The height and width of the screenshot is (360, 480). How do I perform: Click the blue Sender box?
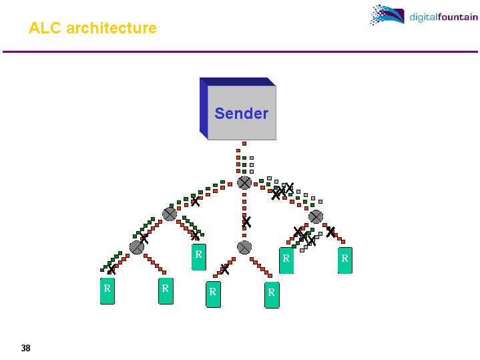(x=241, y=112)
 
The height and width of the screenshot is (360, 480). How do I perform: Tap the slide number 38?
(x=26, y=348)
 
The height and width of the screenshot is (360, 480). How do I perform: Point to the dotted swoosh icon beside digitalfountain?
(x=387, y=15)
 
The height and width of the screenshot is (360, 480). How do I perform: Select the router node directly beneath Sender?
(x=245, y=182)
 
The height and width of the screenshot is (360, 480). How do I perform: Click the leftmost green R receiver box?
(x=107, y=291)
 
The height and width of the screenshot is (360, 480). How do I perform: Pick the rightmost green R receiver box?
(x=345, y=260)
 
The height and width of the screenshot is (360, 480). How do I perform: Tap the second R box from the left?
(x=166, y=291)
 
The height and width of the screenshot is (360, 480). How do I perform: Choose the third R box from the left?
(x=198, y=256)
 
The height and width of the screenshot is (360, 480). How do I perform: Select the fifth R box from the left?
(x=272, y=294)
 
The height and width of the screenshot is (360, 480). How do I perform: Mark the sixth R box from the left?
(x=286, y=260)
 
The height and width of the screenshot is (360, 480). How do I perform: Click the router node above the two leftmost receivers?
(x=137, y=247)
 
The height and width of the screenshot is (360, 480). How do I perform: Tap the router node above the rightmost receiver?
(x=316, y=216)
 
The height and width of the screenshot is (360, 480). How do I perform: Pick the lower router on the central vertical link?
(x=244, y=247)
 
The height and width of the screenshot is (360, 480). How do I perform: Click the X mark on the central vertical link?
(x=246, y=221)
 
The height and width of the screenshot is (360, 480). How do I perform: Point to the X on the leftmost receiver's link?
(x=111, y=270)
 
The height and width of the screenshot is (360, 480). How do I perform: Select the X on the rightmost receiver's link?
(x=330, y=232)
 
